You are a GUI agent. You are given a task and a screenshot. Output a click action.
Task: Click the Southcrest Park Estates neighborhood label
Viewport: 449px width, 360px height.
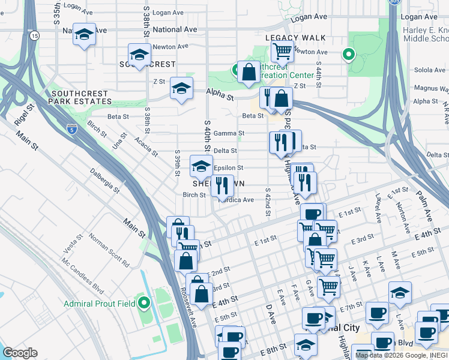click(79, 98)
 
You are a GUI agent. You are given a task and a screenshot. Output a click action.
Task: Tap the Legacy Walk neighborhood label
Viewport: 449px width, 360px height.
click(295, 38)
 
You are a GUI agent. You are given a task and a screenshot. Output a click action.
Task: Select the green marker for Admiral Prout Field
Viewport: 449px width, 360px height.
click(143, 303)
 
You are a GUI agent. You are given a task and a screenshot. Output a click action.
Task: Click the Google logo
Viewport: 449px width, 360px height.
click(20, 353)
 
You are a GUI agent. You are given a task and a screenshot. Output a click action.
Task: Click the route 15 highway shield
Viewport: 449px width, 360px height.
click(35, 37)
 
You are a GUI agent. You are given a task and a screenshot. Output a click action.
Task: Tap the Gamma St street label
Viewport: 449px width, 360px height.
click(229, 133)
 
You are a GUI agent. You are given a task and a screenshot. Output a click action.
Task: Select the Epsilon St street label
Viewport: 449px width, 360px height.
click(228, 168)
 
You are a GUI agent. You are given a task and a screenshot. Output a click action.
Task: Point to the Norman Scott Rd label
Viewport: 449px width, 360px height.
click(109, 250)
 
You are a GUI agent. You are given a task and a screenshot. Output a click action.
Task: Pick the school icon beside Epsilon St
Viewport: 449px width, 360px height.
click(201, 166)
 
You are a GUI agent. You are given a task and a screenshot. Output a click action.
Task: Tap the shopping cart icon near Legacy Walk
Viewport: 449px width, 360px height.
click(282, 52)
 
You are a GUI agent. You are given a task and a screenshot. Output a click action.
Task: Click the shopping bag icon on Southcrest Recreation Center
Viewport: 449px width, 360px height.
click(249, 72)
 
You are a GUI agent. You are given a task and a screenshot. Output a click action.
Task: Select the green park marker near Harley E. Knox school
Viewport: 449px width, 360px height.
click(348, 55)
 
